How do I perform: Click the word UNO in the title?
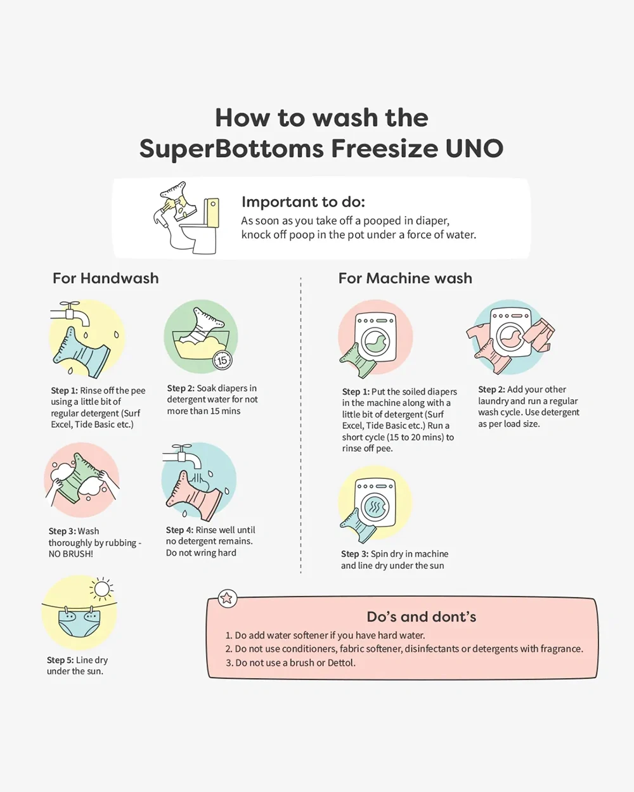point(474,149)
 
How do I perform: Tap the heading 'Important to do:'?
point(303,201)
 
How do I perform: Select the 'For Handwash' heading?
point(106,278)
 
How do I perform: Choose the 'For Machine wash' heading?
point(405,278)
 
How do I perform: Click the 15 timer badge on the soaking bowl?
point(223,360)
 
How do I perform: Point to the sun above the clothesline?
point(101,589)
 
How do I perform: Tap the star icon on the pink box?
point(228,598)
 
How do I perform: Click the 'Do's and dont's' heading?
point(422,617)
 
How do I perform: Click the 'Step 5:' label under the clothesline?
point(60,660)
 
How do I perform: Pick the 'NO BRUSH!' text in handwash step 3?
point(71,554)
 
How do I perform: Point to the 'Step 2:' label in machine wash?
point(491,390)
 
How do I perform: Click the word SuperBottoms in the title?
point(231,149)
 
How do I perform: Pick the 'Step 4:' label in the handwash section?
point(179,530)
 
